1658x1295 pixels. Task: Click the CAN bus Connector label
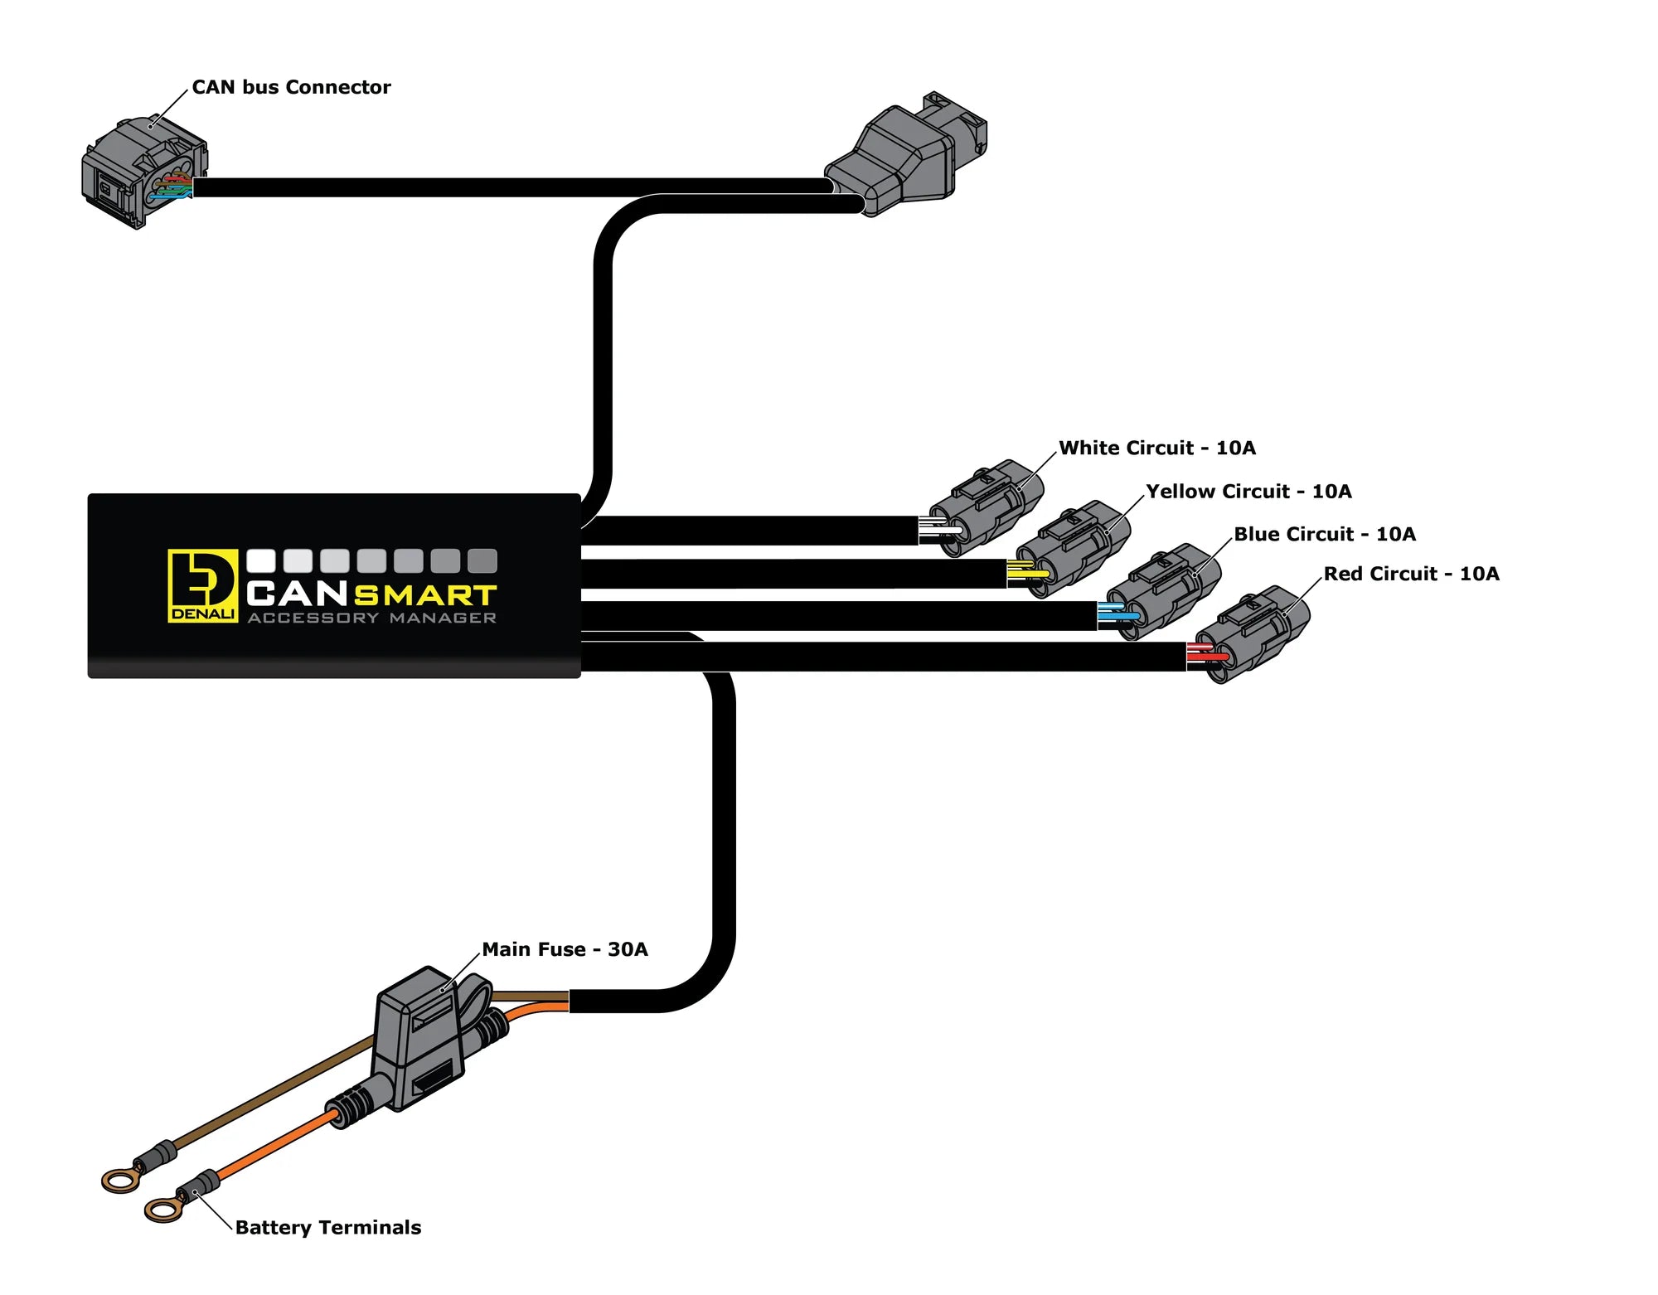(x=291, y=87)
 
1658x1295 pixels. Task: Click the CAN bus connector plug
(x=143, y=173)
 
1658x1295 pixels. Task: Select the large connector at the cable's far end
(x=908, y=155)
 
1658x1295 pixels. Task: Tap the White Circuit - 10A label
(x=1156, y=448)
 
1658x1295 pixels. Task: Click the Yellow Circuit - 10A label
(x=1248, y=491)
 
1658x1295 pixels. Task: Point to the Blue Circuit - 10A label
(x=1324, y=534)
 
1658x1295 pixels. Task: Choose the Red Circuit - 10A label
(x=1410, y=574)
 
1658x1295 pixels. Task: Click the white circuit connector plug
(x=987, y=507)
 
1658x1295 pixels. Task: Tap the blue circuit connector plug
(x=1164, y=590)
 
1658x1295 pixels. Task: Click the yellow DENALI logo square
(x=202, y=585)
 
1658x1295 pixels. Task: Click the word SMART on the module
(x=424, y=595)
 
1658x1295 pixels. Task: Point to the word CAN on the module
(x=297, y=594)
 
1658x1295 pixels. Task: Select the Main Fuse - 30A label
(x=565, y=949)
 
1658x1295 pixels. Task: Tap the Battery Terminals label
(x=327, y=1227)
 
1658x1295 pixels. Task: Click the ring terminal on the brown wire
(x=120, y=1179)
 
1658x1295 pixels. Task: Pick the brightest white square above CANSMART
(x=261, y=560)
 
